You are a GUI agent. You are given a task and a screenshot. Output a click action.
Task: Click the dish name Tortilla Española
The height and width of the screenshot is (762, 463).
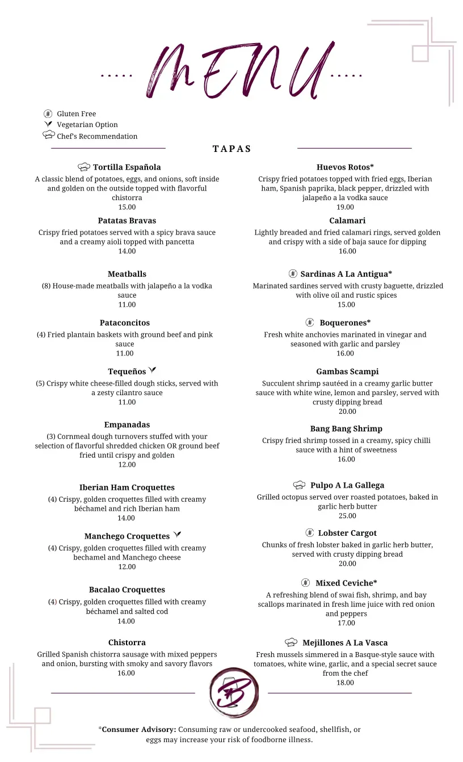point(127,167)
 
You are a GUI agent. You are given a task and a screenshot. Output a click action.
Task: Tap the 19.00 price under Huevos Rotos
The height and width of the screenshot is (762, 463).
point(345,207)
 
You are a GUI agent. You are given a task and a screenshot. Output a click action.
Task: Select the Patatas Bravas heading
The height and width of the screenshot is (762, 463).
point(127,221)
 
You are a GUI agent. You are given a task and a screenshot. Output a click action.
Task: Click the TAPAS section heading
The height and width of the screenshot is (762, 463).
point(231,149)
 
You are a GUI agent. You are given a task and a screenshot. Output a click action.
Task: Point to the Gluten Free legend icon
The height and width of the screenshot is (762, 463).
point(48,113)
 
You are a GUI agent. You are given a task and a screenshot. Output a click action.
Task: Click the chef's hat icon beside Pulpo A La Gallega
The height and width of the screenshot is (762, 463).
point(299,485)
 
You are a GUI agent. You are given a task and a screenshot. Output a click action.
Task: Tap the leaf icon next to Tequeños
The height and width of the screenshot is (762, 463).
point(152,371)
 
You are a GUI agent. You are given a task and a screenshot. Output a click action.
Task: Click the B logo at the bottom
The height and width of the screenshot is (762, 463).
point(233,692)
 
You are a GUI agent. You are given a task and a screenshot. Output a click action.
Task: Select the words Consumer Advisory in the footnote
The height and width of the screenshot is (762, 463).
point(139,730)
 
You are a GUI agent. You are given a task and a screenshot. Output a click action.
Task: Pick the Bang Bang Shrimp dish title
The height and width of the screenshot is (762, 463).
point(346,429)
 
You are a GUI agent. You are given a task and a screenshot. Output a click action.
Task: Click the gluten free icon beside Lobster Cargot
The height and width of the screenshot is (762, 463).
point(309,533)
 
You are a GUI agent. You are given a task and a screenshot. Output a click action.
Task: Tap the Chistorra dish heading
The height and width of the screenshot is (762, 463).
point(127,642)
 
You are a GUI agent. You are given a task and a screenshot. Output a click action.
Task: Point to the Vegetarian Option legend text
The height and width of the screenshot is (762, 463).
point(87,125)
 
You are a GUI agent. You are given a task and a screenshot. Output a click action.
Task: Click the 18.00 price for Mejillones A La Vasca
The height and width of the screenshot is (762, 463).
point(345,683)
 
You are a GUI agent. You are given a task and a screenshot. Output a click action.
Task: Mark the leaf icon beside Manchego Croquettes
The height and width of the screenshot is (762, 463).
point(177,535)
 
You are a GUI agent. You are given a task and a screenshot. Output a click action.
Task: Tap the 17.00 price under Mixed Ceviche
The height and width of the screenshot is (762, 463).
point(346,623)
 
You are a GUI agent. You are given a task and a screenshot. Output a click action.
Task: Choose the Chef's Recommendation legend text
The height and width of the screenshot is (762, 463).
point(97,136)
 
